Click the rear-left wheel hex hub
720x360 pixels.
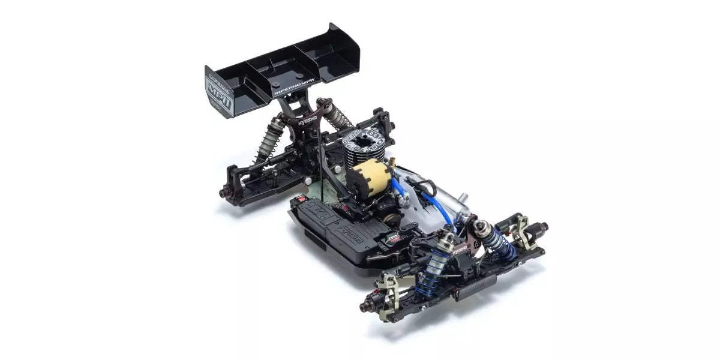click(226, 193)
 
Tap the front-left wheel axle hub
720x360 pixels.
click(364, 307)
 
